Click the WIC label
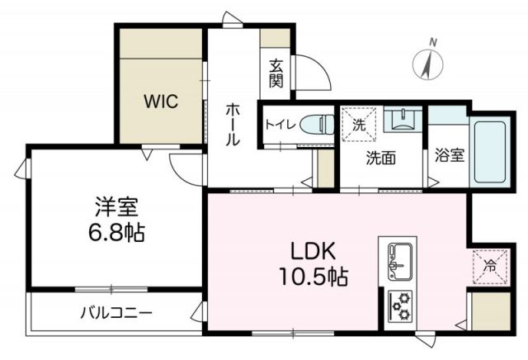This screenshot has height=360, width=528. (x=162, y=102)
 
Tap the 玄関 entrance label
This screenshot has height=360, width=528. (x=276, y=73)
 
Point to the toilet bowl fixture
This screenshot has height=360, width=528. (x=314, y=126)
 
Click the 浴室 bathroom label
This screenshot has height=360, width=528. (x=449, y=154)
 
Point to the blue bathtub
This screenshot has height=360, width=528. (x=488, y=153)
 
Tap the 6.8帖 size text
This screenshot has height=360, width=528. (x=116, y=233)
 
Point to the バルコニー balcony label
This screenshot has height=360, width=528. (x=116, y=313)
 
